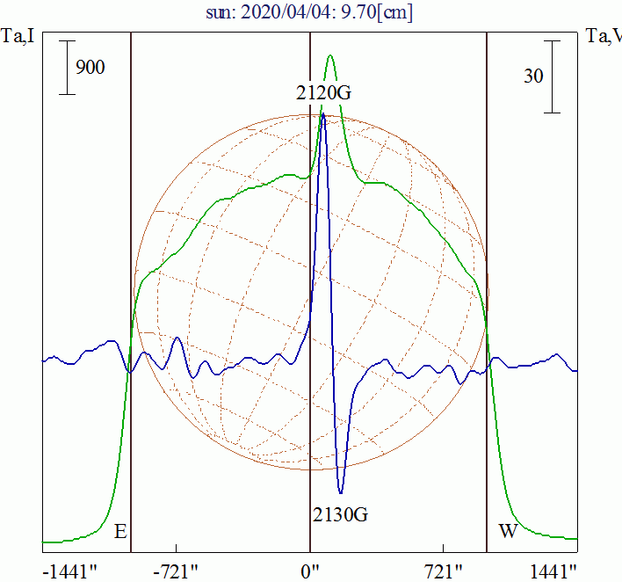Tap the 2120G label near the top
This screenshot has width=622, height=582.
324,91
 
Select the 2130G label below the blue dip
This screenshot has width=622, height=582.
340,514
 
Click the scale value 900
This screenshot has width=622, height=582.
90,67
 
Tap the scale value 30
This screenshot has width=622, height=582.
532,76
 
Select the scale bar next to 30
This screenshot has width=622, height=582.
552,76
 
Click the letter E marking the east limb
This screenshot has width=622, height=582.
120,532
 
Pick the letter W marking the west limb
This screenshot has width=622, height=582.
507,532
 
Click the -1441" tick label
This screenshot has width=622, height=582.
69,571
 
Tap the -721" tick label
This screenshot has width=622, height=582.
177,571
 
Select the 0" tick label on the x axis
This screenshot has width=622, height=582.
310,571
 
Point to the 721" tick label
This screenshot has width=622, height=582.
444,571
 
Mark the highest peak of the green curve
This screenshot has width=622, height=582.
330,56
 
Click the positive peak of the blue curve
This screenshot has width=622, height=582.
323,113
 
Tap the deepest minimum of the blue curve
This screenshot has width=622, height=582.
341,493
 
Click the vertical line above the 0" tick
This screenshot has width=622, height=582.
310,264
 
